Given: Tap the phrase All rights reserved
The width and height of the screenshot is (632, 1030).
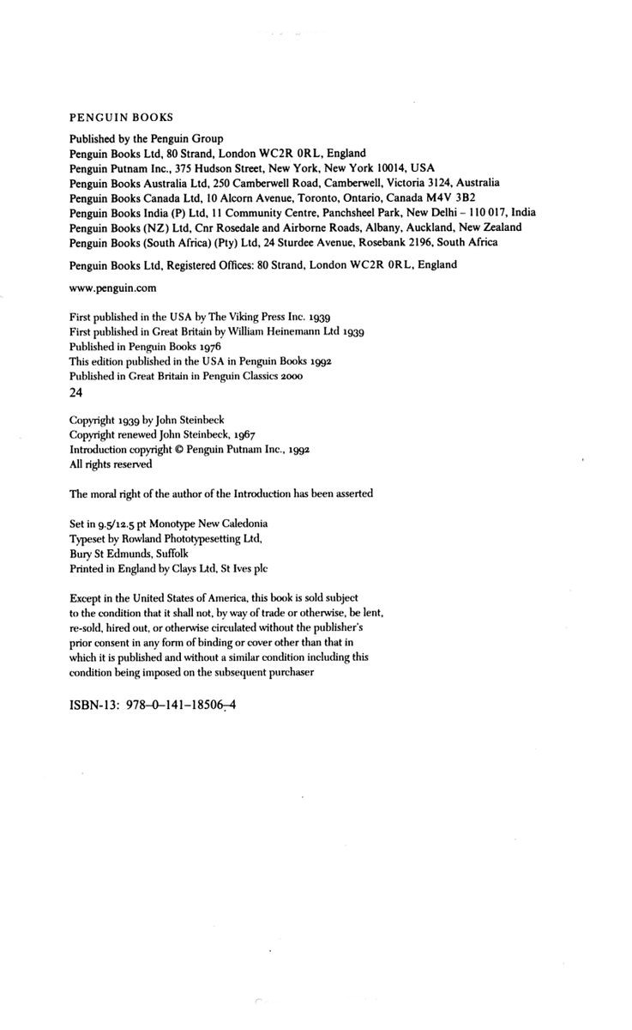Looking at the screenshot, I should tap(111, 464).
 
